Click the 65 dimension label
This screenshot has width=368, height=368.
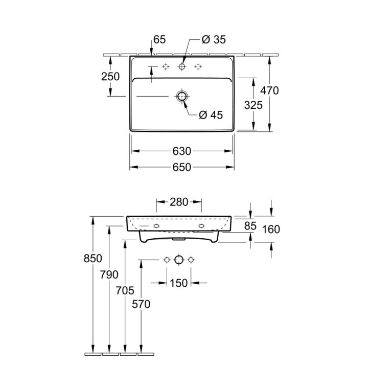[159, 39]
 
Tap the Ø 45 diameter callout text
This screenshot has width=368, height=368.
[211, 115]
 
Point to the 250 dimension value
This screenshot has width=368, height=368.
[110, 77]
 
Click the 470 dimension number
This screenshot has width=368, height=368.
[269, 91]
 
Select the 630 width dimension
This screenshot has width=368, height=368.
[182, 151]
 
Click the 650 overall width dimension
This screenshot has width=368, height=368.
[182, 167]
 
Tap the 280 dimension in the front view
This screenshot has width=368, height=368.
[179, 201]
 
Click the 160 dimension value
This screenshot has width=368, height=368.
[270, 229]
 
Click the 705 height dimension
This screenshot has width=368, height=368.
[125, 290]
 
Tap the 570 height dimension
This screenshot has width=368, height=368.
[141, 304]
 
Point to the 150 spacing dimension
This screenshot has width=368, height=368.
[178, 283]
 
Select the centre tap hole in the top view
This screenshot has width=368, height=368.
[181, 67]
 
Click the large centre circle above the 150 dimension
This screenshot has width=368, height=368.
[178, 260]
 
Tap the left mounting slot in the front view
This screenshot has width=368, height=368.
[156, 225]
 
